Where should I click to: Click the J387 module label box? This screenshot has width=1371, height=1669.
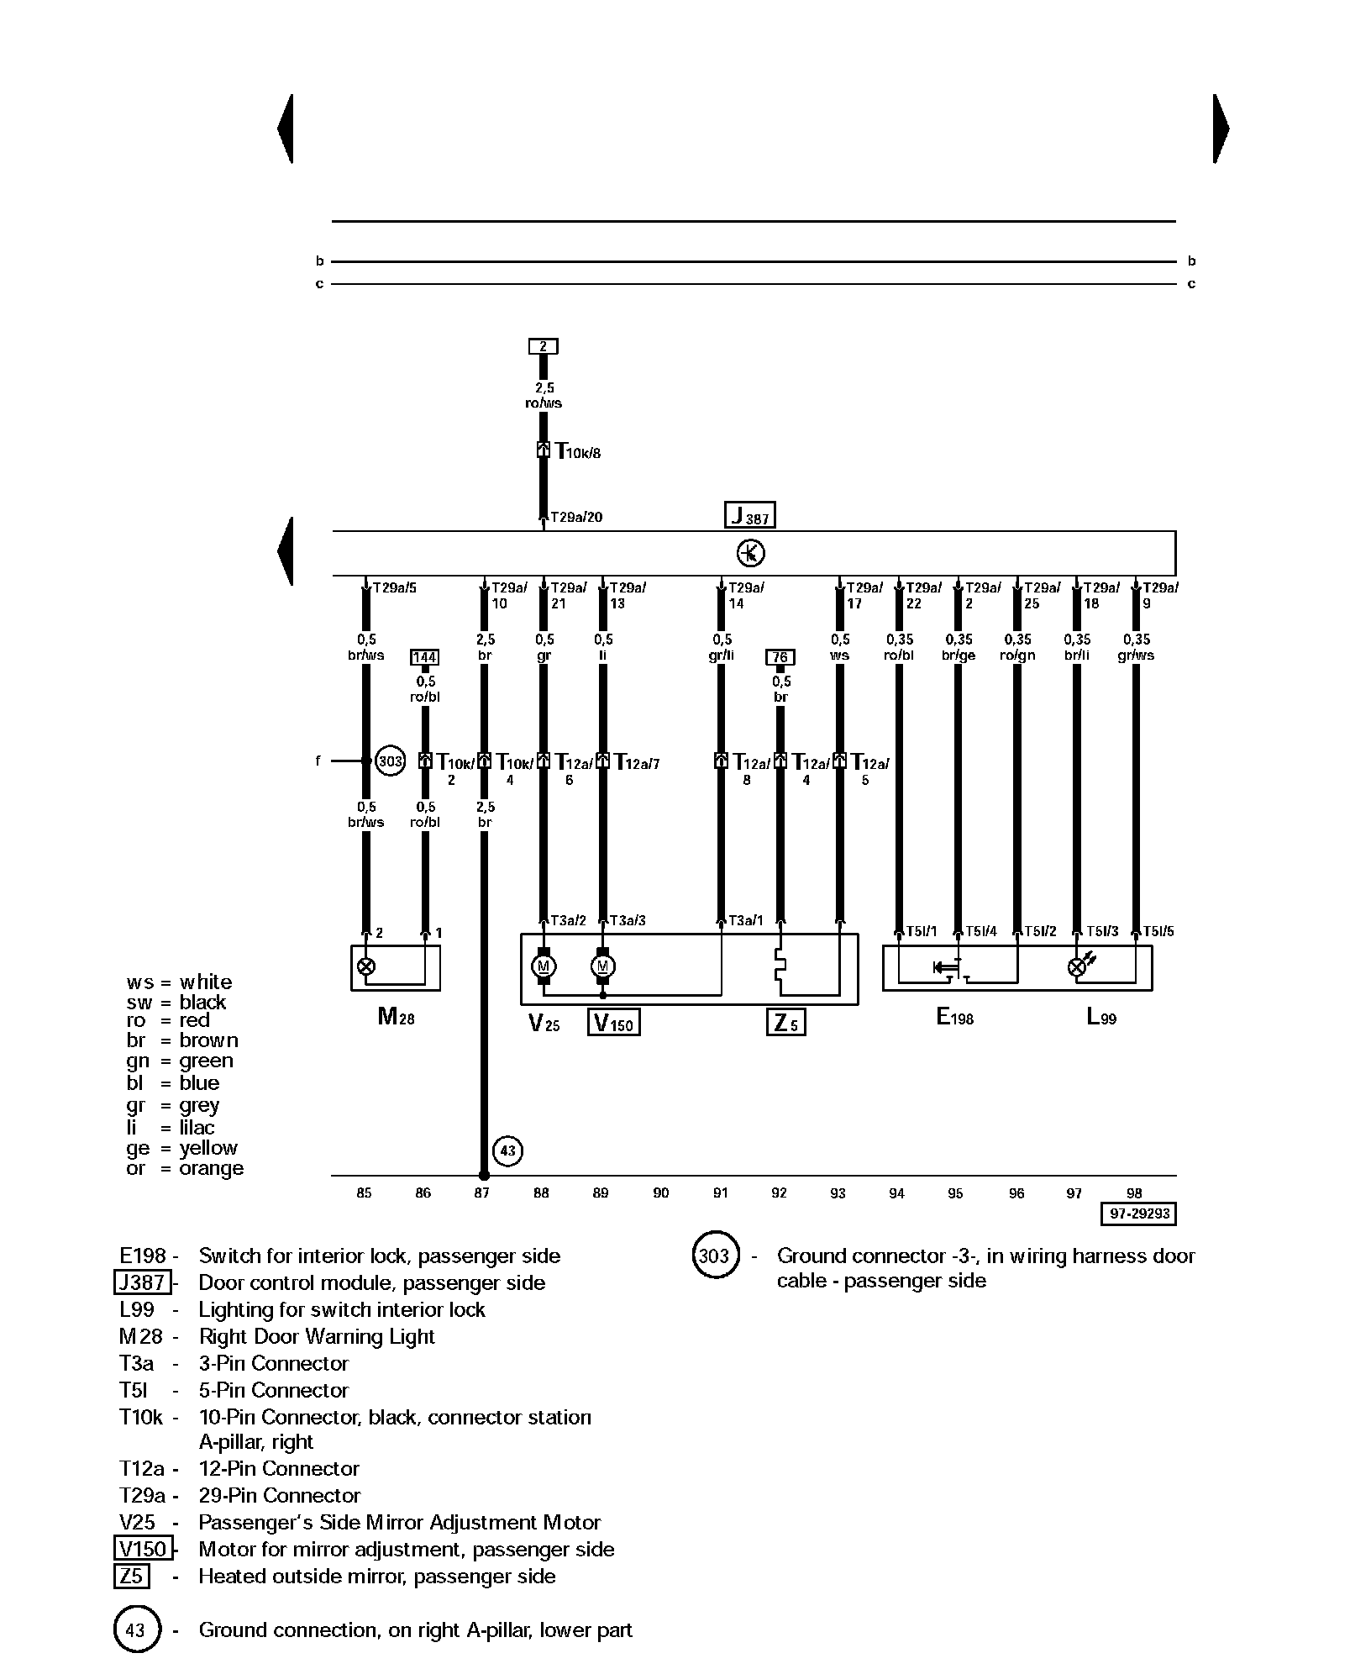pos(749,515)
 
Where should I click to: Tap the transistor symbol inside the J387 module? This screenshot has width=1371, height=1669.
pos(750,553)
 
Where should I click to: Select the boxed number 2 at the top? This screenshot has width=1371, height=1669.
pos(543,346)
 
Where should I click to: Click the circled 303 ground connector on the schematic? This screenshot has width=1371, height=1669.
pos(390,761)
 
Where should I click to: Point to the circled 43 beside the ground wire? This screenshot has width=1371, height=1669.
pos(507,1150)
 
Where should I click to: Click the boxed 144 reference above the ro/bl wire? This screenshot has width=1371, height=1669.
pos(424,657)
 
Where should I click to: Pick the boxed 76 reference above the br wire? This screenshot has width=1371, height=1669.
pos(780,657)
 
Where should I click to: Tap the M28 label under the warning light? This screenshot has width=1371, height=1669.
pos(396,1018)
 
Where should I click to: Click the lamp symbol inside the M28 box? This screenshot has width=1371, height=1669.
pos(365,966)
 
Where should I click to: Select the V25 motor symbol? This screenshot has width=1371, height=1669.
pos(543,966)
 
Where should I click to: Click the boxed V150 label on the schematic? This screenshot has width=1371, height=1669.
pos(614,1023)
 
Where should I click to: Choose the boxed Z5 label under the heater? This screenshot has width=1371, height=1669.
pos(786,1023)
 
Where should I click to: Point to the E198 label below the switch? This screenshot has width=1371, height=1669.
pos(954,1018)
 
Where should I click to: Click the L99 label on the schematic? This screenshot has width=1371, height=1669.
pos(1101,1018)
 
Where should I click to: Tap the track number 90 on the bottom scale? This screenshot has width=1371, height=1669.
pos(661,1193)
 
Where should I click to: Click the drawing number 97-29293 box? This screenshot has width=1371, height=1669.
pos(1139,1214)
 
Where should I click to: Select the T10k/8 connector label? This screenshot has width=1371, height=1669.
pos(579,452)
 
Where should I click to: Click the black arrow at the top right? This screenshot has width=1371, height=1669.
pos(1221,129)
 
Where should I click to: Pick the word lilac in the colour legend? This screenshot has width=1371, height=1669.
pos(197,1128)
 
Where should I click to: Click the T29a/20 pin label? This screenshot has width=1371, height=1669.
pos(576,517)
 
